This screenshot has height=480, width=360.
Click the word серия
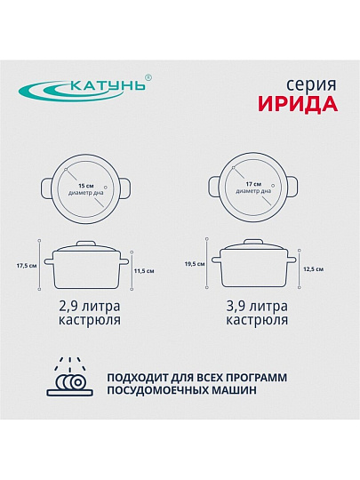(x=311, y=85)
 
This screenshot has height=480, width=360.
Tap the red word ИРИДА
(x=298, y=104)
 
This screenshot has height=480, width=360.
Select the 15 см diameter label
(x=86, y=186)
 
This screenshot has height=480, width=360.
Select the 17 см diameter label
(x=253, y=184)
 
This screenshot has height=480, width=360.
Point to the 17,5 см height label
(x=27, y=266)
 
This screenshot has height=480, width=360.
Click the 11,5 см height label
(x=144, y=271)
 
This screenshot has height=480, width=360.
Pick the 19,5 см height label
(x=195, y=264)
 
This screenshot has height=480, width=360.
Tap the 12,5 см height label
(x=314, y=269)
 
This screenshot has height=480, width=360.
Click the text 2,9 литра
(x=90, y=306)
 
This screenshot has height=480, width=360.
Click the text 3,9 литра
(x=257, y=306)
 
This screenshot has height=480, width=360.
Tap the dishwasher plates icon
(x=70, y=377)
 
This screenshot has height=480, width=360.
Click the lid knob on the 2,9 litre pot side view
(x=86, y=244)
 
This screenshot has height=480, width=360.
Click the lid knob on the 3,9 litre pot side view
(x=253, y=242)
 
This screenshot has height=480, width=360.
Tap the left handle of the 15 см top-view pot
(x=46, y=188)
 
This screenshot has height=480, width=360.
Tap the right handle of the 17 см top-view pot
(x=292, y=187)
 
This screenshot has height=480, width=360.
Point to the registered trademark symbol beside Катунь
(x=148, y=77)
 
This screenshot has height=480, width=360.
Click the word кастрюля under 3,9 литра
(x=257, y=320)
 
